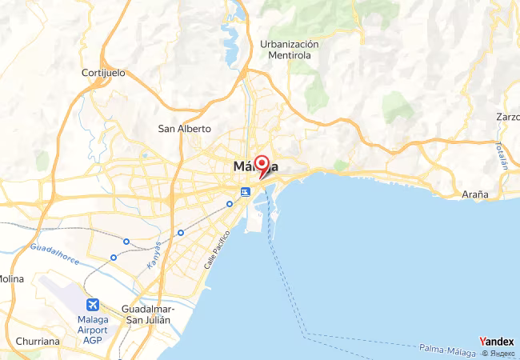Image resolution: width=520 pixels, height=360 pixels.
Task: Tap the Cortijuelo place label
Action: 104,73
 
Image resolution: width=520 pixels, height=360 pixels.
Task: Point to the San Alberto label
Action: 184,128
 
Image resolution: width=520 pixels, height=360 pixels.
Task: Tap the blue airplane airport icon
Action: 94,305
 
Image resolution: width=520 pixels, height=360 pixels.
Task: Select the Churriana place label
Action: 36,341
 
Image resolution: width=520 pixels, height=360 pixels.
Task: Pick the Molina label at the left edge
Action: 11,278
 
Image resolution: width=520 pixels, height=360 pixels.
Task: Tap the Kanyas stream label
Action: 154,254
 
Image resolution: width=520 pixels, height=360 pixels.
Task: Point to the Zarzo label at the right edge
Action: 507,117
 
